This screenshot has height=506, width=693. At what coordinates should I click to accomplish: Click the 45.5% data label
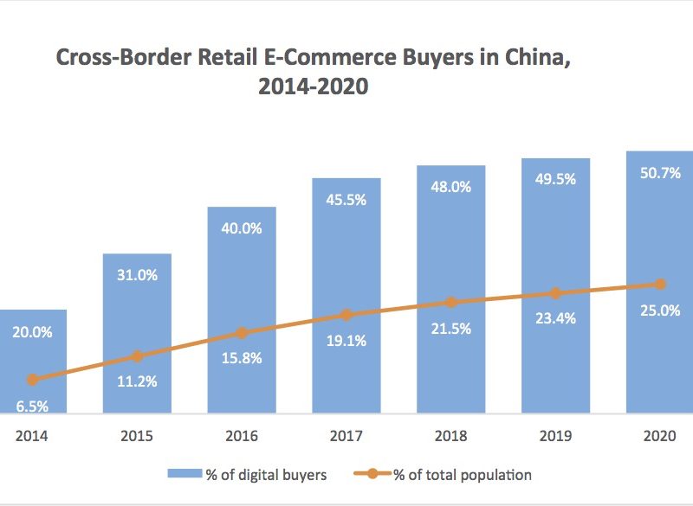pos(346,200)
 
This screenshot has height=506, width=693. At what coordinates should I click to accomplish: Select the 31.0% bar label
pos(137,275)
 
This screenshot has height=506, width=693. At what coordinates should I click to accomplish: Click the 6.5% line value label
pos(32,406)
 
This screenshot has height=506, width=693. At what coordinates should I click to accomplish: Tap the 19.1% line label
pos(346,341)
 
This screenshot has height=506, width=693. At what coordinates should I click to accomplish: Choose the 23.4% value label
pos(555,317)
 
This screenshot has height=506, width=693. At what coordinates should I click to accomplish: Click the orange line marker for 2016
pos(242,333)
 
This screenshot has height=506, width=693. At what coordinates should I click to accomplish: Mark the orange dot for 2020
pos(660,284)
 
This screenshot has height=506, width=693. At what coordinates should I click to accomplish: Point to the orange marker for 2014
pos(33,380)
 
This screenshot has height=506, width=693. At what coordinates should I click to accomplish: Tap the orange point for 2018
pos(450,302)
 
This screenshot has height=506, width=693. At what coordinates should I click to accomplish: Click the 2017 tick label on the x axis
pos(346,436)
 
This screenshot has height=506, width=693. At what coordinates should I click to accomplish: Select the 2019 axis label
pos(555,436)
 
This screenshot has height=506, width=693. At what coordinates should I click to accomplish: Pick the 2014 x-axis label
pos(32,436)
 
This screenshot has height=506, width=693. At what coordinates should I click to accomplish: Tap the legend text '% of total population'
pos(463,474)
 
